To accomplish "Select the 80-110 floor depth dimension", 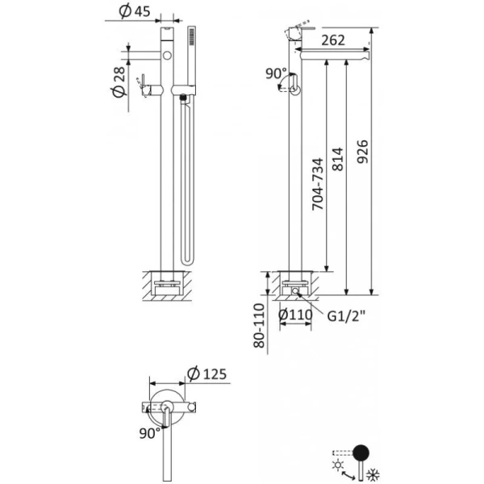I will click(x=259, y=327).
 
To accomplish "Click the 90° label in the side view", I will click(x=275, y=73).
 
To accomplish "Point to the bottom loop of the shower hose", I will click(x=188, y=260).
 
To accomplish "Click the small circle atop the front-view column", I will click(x=167, y=56).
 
